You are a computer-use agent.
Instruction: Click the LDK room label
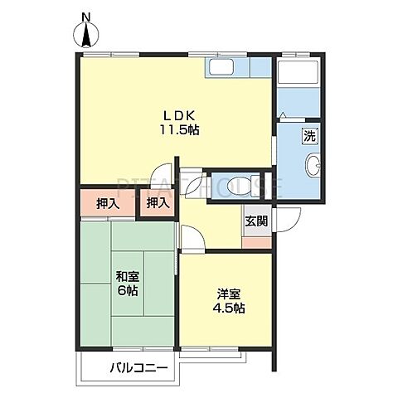click(x=180, y=116)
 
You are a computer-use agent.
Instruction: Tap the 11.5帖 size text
click(x=179, y=129)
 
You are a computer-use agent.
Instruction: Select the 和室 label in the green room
click(x=128, y=276)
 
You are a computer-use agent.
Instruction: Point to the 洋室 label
click(x=229, y=294)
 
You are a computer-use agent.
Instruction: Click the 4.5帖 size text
click(x=229, y=308)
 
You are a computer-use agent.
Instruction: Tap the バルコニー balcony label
click(x=139, y=368)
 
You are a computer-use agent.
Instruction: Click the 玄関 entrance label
click(x=257, y=221)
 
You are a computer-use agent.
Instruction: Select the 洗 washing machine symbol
click(x=309, y=136)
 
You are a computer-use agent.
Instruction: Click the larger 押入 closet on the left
click(x=108, y=202)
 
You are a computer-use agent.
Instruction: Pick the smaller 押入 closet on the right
click(x=158, y=202)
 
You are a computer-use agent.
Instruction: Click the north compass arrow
click(x=87, y=35)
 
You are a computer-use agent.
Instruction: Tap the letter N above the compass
click(x=87, y=17)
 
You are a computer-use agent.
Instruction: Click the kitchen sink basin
click(x=221, y=68)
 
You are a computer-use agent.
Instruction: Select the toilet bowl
click(x=234, y=186)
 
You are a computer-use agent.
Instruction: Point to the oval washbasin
click(x=313, y=164)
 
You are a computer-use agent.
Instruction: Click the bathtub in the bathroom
click(x=298, y=72)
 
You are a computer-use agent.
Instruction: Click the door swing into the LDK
click(x=163, y=172)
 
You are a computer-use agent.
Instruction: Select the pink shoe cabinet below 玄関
click(x=257, y=243)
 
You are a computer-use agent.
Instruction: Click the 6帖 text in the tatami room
click(x=128, y=290)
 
